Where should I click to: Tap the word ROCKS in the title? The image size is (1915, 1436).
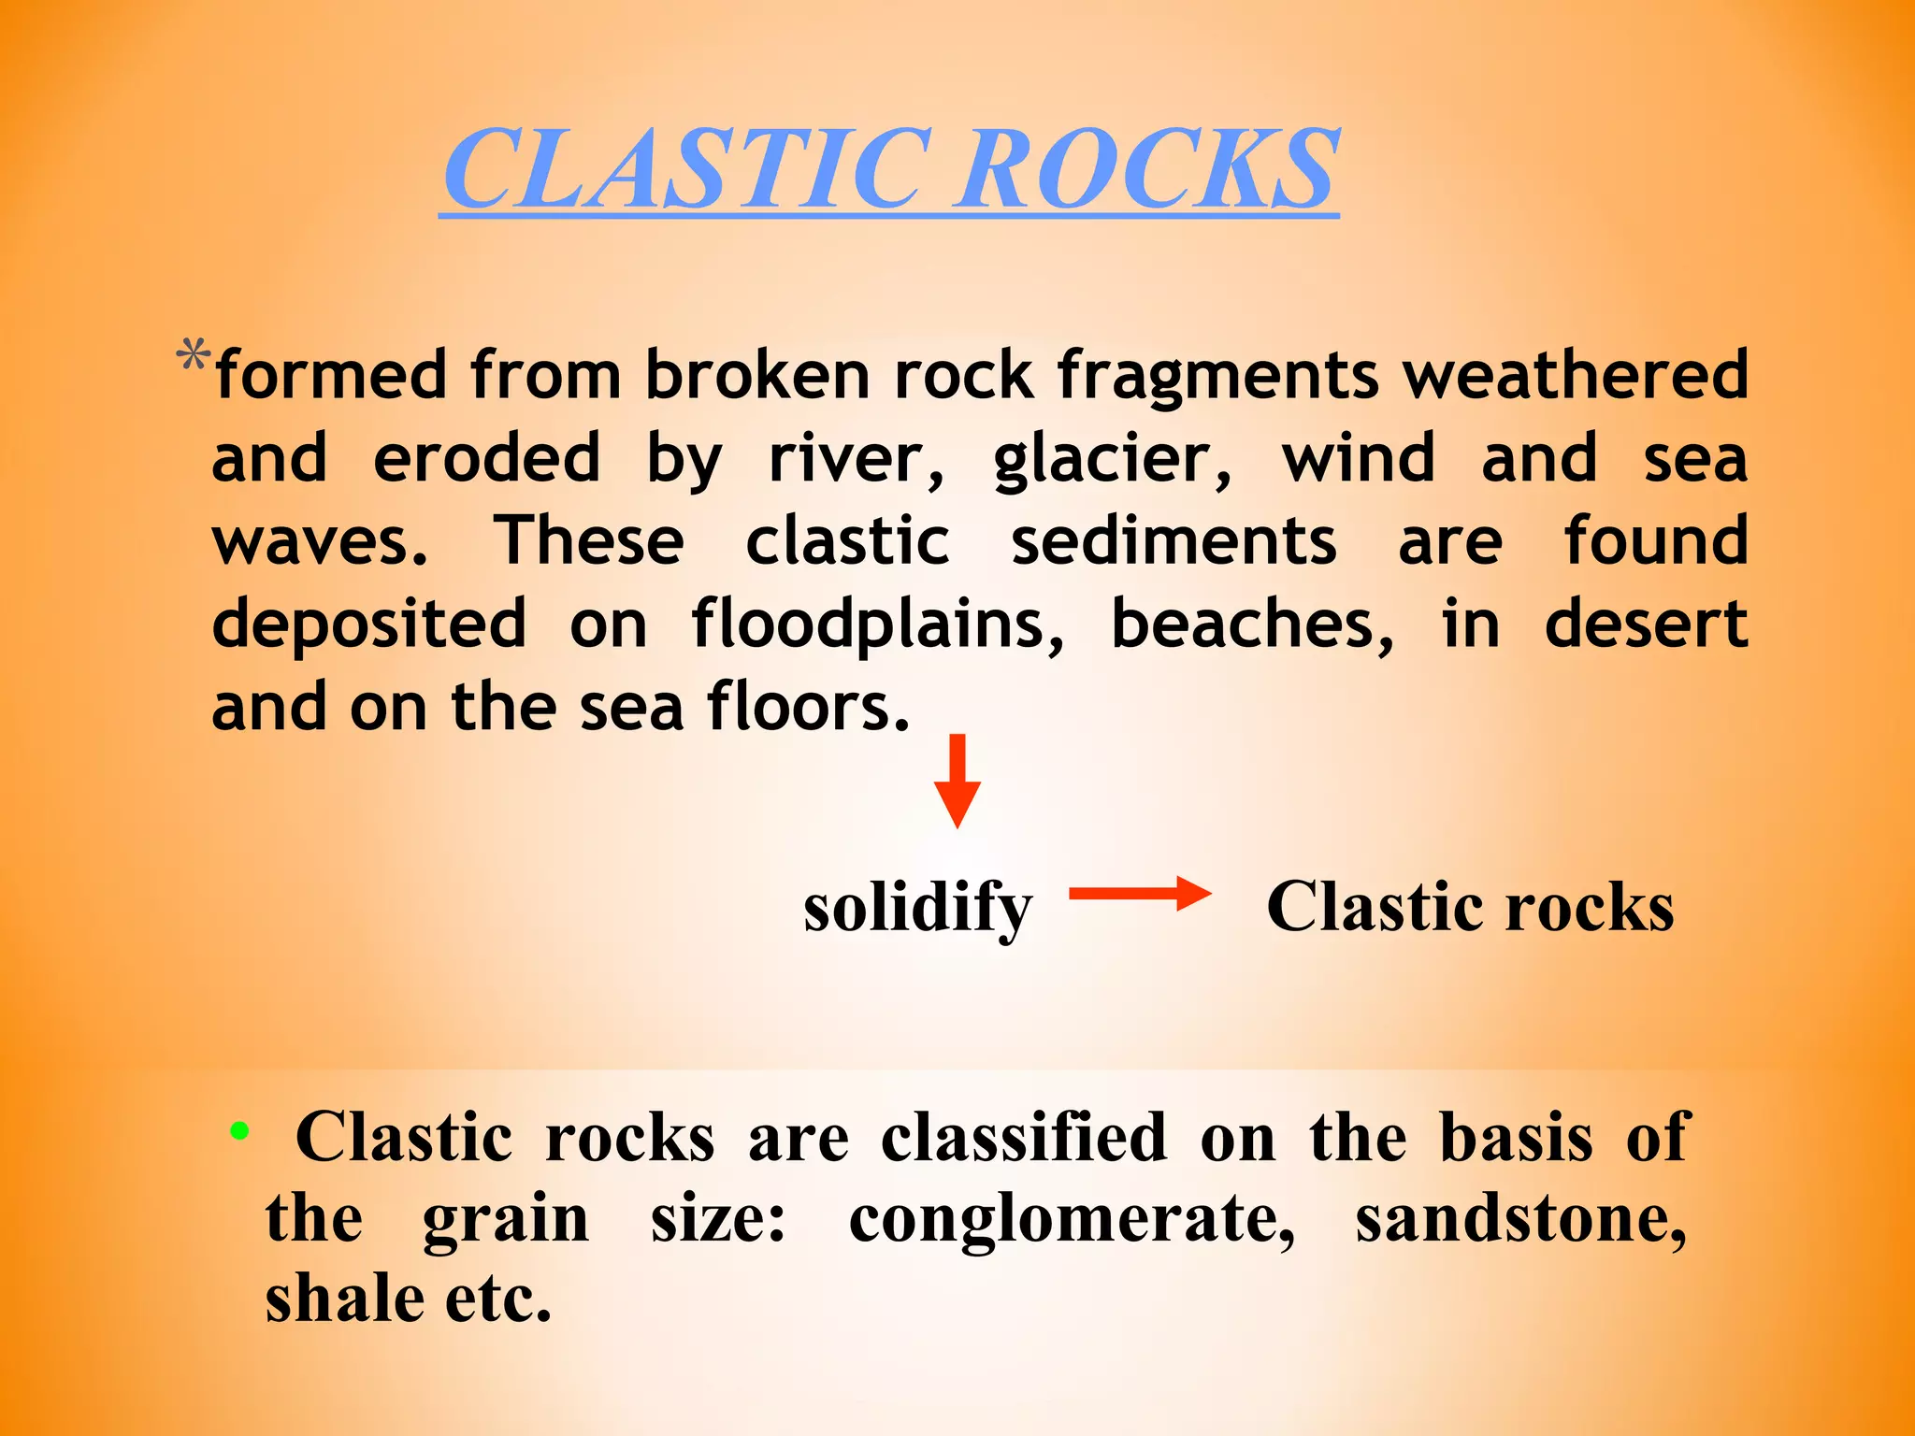(x=1147, y=169)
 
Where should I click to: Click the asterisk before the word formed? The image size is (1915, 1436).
(x=193, y=358)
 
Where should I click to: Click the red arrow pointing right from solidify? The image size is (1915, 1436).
(x=1139, y=894)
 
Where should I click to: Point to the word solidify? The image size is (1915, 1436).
(x=917, y=908)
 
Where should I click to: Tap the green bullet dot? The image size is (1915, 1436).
(x=240, y=1131)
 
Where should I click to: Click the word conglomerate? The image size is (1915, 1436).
(x=1072, y=1220)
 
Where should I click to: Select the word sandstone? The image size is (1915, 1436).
(x=1521, y=1220)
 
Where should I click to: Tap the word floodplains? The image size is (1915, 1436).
(x=877, y=625)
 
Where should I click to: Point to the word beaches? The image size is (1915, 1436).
(x=1252, y=625)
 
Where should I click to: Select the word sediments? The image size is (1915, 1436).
(x=1174, y=542)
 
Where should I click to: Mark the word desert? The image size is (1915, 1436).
(x=1646, y=625)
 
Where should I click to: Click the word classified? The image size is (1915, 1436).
(x=1024, y=1138)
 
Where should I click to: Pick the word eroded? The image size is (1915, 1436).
(x=486, y=458)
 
